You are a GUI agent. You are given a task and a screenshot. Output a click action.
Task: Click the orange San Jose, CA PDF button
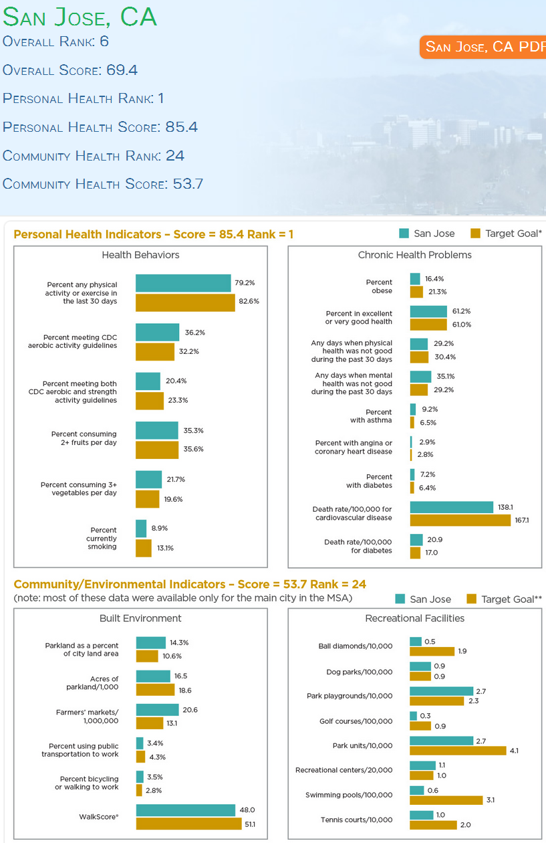click(483, 47)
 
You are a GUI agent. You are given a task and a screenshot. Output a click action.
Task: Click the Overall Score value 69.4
click(122, 70)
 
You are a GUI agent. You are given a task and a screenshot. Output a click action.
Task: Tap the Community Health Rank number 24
click(175, 155)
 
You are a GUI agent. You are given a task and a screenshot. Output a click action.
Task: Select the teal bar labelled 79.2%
click(183, 283)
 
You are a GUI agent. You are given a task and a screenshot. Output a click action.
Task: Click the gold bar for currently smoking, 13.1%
click(144, 548)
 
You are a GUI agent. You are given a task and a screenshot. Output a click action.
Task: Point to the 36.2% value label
click(194, 333)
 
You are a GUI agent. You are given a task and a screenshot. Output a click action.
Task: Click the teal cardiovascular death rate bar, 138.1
click(452, 507)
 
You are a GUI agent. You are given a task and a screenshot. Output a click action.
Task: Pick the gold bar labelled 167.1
click(460, 520)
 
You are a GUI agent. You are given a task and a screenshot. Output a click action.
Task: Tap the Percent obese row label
click(379, 286)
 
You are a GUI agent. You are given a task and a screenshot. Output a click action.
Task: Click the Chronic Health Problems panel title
click(415, 255)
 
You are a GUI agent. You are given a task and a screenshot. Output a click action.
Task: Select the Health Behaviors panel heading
click(140, 255)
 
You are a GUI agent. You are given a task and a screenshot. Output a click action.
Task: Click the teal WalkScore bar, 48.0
click(186, 810)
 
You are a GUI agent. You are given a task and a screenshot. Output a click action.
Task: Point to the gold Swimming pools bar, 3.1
click(446, 800)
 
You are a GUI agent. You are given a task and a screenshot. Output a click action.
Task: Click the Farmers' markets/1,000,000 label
click(88, 716)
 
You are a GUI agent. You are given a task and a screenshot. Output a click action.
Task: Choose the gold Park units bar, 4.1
click(458, 751)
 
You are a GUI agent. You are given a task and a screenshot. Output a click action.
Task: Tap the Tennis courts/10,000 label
click(356, 820)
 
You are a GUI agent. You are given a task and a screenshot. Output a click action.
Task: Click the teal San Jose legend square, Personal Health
click(404, 233)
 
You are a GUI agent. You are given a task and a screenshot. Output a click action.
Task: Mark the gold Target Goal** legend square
click(471, 598)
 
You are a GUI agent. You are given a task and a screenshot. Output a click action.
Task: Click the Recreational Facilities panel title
click(415, 618)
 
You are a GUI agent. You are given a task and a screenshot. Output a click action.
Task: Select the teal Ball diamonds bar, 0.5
click(416, 641)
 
